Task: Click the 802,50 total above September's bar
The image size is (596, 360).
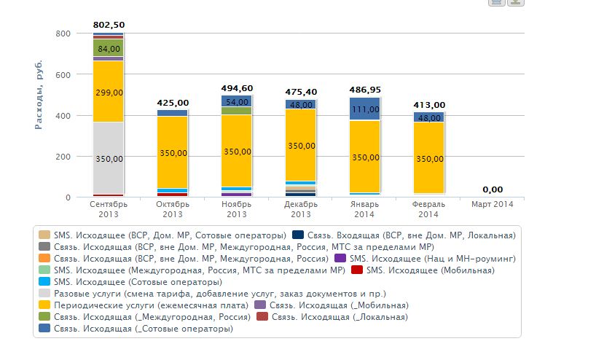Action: click(108, 26)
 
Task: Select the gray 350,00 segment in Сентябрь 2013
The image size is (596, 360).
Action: click(108, 158)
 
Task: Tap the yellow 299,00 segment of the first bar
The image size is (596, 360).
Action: click(108, 92)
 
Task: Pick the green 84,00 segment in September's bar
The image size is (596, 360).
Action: click(108, 48)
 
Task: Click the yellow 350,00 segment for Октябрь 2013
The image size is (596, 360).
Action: click(172, 152)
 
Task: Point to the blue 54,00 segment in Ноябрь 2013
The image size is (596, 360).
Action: click(236, 101)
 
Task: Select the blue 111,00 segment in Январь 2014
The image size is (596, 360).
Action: click(364, 109)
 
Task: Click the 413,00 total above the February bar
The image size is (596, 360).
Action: click(428, 105)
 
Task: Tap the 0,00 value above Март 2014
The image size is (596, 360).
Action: click(492, 189)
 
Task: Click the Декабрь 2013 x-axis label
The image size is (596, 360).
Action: click(300, 209)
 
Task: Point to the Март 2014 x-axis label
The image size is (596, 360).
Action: click(492, 205)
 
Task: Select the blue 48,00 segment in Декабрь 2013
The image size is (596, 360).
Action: click(300, 104)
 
